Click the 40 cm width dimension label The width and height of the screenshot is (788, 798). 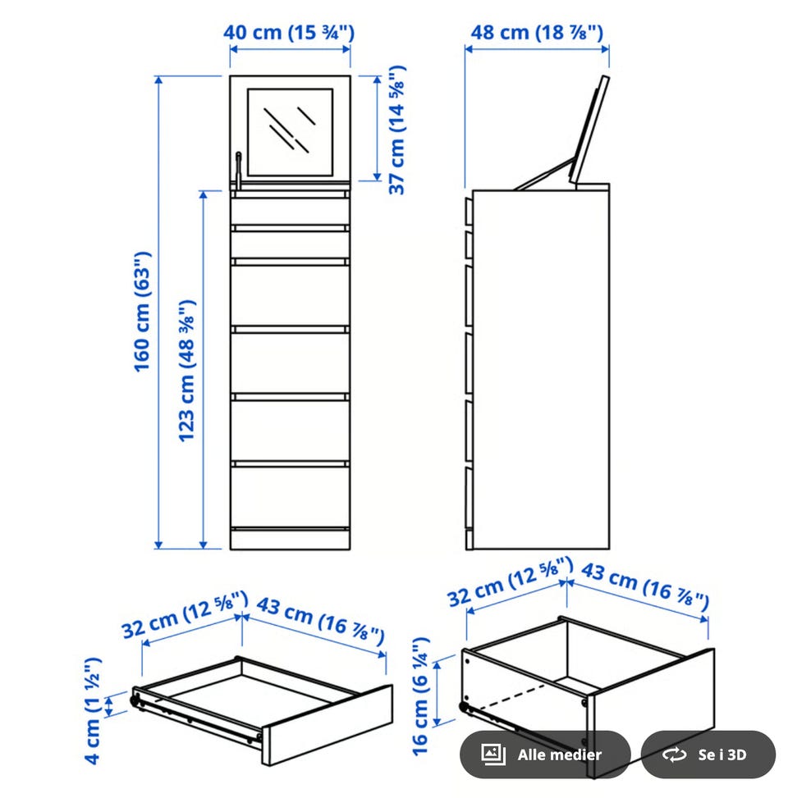tap(289, 32)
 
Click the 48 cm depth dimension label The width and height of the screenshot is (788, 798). tap(537, 32)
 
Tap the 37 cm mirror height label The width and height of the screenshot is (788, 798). tap(397, 130)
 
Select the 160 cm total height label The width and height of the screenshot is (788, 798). tap(142, 312)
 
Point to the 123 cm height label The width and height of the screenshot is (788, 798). tap(186, 371)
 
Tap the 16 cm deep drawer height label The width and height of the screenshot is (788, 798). tap(421, 696)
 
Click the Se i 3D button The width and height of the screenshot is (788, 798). tap(708, 755)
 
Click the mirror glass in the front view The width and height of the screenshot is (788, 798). tap(290, 132)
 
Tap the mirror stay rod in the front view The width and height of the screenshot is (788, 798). tap(238, 170)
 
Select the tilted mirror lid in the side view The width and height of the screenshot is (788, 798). tap(589, 130)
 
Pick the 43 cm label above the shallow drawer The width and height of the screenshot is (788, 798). tap(320, 621)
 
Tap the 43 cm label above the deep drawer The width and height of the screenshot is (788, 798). tap(645, 586)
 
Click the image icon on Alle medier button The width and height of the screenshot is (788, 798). tap(493, 755)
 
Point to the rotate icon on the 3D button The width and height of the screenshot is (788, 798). tap(675, 755)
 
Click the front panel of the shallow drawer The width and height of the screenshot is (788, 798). tap(328, 725)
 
